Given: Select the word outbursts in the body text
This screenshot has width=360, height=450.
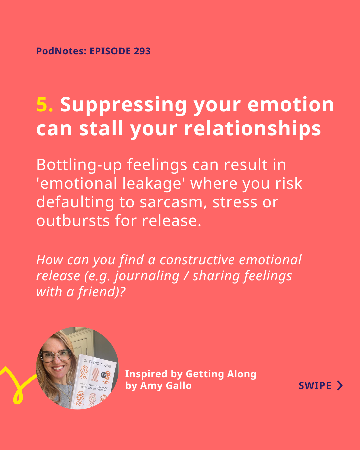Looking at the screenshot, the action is click(73, 221).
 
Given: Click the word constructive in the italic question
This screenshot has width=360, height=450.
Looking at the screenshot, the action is click(197, 260).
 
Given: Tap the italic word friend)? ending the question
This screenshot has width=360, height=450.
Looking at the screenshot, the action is click(101, 292).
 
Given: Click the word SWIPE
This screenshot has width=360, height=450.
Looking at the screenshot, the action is click(315, 386).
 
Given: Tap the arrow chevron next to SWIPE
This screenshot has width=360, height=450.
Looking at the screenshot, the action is click(340, 386).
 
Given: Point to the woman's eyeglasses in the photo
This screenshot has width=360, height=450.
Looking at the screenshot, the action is click(55, 356).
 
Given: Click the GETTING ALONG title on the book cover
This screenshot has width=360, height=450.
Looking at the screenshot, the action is click(97, 363).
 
